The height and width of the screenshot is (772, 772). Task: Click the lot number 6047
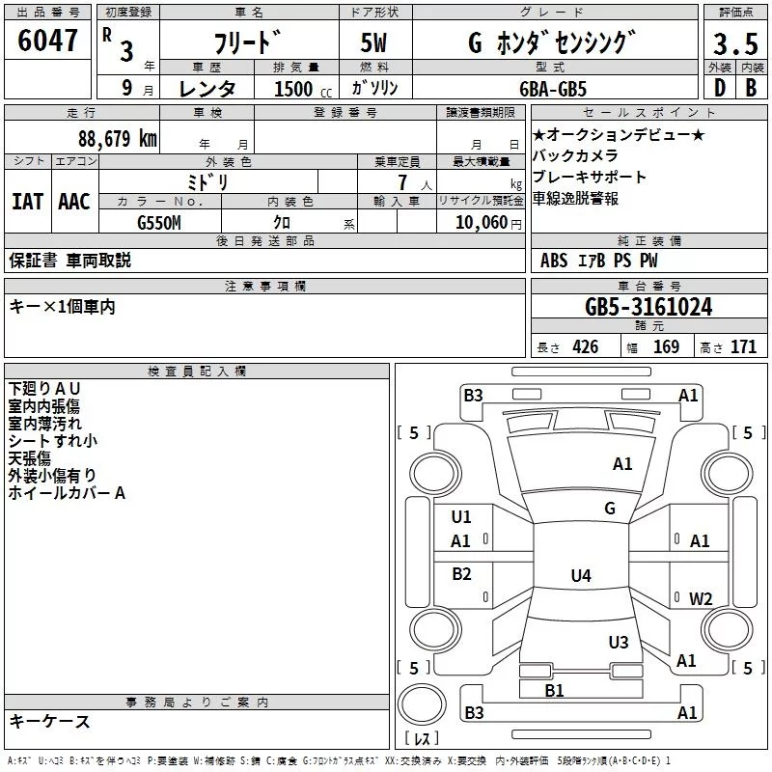48,41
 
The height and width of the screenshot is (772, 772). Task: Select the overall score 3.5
734,43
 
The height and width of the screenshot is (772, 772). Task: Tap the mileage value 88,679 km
117,138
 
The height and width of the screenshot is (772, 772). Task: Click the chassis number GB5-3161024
648,307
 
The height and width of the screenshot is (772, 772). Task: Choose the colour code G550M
159,222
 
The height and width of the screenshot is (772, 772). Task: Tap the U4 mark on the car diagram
580,576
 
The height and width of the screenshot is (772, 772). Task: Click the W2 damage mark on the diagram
701,598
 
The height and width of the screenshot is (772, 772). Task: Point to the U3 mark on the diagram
619,643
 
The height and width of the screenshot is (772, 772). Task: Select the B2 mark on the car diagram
462,574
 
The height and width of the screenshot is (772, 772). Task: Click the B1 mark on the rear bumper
554,690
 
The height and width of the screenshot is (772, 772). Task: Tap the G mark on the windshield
610,508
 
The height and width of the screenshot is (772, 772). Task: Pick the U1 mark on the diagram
461,516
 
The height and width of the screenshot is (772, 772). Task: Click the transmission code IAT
27,202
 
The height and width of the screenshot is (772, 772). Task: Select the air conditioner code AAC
74,202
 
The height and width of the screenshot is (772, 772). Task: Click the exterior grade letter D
719,88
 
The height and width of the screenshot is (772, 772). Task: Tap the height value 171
744,347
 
